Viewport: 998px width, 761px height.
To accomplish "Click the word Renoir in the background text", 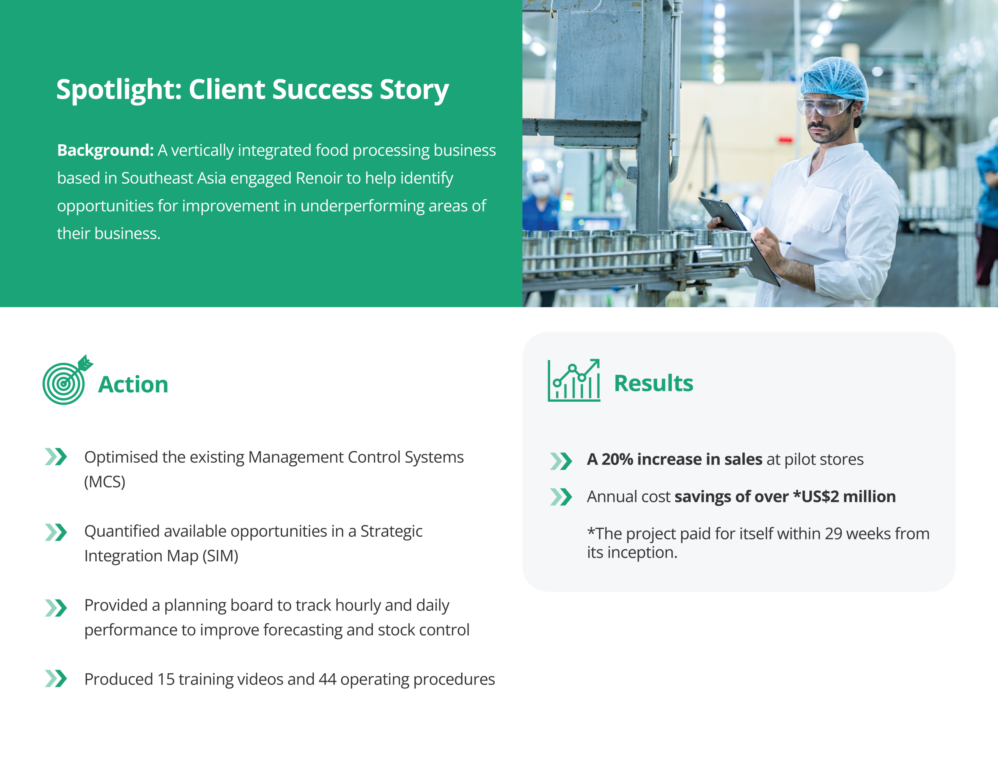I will (319, 178).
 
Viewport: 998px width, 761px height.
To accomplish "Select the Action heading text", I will (133, 385).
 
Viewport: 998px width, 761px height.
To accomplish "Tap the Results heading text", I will (653, 383).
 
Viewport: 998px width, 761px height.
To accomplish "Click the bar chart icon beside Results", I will (574, 381).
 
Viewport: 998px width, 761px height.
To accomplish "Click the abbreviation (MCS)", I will (104, 481).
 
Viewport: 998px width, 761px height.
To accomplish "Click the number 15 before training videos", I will (166, 679).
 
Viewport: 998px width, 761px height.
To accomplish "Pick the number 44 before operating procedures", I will (327, 679).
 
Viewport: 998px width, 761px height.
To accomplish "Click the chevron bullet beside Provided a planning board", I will (56, 608).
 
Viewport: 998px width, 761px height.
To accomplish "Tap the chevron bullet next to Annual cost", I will (561, 497).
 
